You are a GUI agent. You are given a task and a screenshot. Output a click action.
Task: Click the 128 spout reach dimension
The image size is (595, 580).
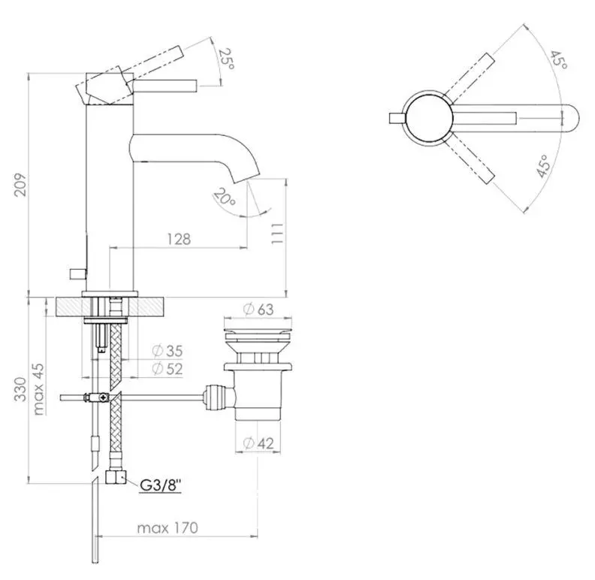point(178,238)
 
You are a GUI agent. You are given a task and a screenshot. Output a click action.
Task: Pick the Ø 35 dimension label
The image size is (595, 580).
point(166,351)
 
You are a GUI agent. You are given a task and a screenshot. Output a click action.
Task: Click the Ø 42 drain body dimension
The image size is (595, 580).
point(258,444)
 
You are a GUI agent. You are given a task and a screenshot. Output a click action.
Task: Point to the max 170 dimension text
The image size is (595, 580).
point(167,527)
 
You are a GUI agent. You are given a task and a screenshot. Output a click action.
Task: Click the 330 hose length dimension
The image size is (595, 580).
point(22,391)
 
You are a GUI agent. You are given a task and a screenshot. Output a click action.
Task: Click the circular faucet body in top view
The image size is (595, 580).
point(428,117)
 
